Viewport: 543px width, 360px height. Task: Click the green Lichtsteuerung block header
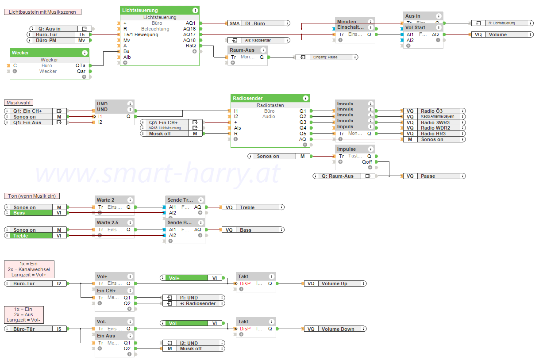[x=159, y=10]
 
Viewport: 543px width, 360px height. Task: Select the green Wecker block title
[x=49, y=53]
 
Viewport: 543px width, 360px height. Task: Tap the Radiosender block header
[x=270, y=98]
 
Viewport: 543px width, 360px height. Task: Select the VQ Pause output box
[x=434, y=176]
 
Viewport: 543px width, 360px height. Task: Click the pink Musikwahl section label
[x=19, y=103]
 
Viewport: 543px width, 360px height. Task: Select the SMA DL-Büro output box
[x=258, y=23]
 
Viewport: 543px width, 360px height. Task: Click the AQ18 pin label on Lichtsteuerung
[x=189, y=40]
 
